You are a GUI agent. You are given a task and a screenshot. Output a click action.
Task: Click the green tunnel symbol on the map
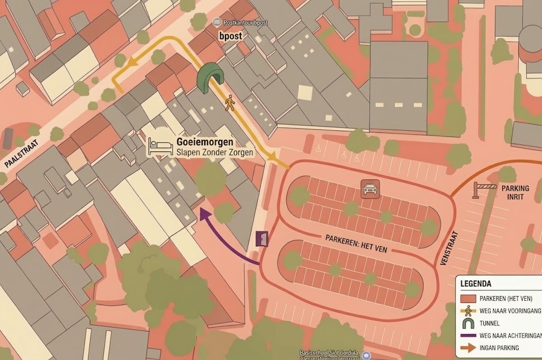(x=210, y=78)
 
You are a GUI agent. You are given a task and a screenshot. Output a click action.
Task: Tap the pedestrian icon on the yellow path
(x=229, y=103)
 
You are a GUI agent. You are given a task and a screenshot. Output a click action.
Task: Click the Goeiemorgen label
(x=197, y=143)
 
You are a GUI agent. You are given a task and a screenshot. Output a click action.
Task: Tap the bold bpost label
(x=231, y=36)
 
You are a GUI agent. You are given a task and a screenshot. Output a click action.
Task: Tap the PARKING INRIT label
(x=515, y=193)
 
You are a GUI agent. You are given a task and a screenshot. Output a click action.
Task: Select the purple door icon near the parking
(x=262, y=239)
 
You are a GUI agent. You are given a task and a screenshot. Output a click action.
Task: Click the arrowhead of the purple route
(x=203, y=213)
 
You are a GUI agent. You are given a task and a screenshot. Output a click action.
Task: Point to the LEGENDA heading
(x=475, y=283)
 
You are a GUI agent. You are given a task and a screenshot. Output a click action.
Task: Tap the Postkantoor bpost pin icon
(x=216, y=22)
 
